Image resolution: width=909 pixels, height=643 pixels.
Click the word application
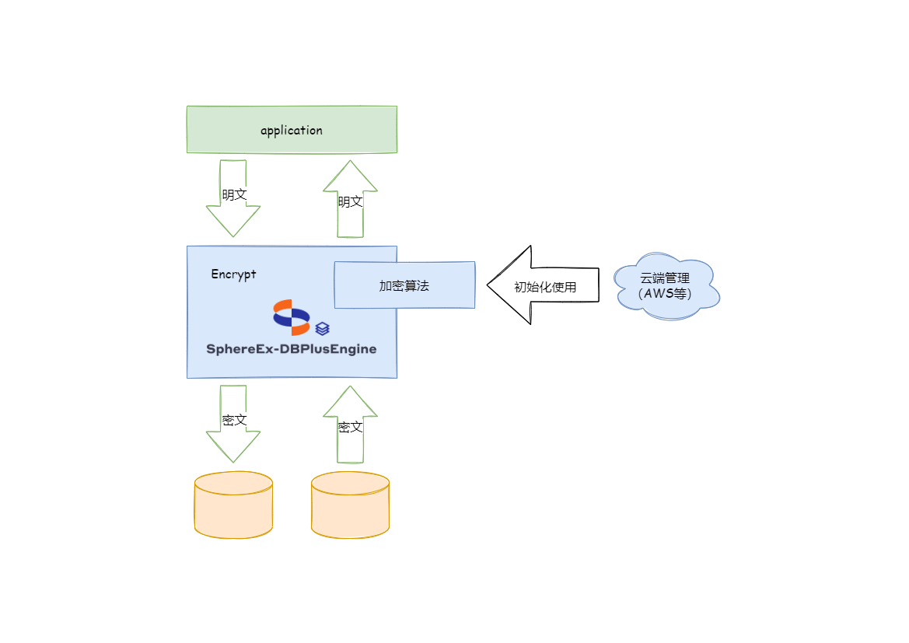coord(292,130)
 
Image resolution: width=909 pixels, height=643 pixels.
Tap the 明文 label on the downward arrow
coord(234,194)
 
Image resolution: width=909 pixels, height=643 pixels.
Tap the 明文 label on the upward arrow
coord(350,201)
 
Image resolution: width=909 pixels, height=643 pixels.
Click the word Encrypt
coord(233,274)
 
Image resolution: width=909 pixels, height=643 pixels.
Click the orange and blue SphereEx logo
coord(292,316)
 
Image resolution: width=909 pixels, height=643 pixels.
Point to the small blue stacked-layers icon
coord(323,328)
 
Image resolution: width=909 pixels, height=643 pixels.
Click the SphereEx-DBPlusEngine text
coord(292,349)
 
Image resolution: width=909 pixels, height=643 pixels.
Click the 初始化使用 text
coord(545,286)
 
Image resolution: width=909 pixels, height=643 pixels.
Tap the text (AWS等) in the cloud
coord(665,293)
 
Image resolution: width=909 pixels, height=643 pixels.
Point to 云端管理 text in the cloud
coord(665,278)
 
